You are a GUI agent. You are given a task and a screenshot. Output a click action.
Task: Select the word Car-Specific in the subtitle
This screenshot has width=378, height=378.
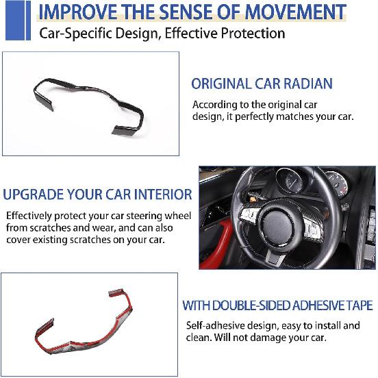pyautogui.click(x=75, y=33)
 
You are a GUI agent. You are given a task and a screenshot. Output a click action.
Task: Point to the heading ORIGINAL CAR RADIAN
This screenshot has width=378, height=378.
pyautogui.click(x=262, y=84)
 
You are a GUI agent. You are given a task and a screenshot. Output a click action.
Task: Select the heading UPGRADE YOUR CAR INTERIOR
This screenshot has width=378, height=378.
pyautogui.click(x=97, y=194)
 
